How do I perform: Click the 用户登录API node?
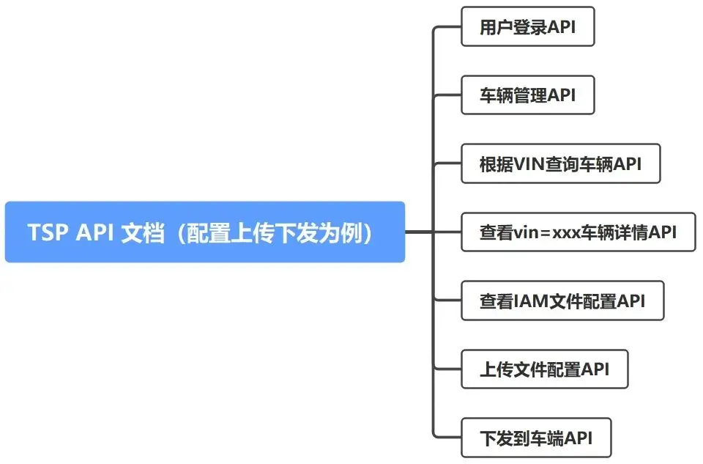pos(527,27)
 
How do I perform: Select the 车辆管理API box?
pos(527,95)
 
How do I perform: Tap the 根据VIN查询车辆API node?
pos(560,163)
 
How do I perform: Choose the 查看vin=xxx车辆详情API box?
pos(578,232)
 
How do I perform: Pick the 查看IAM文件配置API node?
pos(562,301)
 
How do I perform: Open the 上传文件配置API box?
pos(544,369)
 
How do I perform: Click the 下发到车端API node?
pos(535,438)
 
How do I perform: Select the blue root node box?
pos(204,232)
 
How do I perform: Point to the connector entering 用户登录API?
pos(447,27)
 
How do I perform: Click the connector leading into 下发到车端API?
pos(447,438)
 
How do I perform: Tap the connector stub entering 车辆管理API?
pos(448,95)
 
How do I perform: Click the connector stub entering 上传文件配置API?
pos(448,369)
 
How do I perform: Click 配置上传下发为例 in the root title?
pos(278,232)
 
